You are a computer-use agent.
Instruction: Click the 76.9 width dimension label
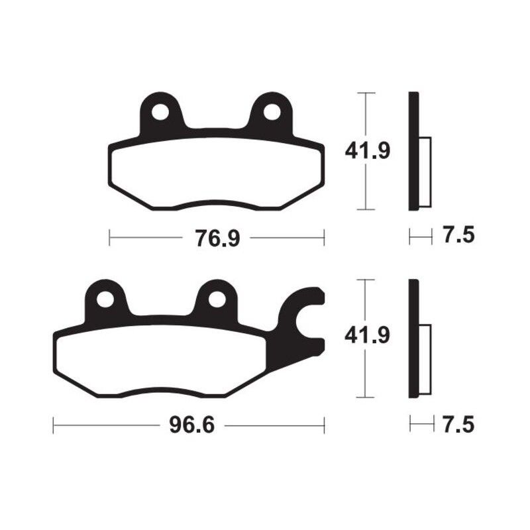pos(217,237)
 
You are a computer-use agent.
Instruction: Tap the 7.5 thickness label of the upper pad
pos(460,236)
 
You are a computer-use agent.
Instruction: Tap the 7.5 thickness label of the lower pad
pos(460,424)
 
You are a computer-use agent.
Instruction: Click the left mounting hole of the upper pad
pos(160,112)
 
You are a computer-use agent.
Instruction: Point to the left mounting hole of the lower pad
pos(105,299)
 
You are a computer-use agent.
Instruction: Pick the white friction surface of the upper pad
pos(215,174)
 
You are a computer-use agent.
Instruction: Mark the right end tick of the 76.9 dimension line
pos(324,237)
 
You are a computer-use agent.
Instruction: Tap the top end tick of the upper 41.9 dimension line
pos(366,93)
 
